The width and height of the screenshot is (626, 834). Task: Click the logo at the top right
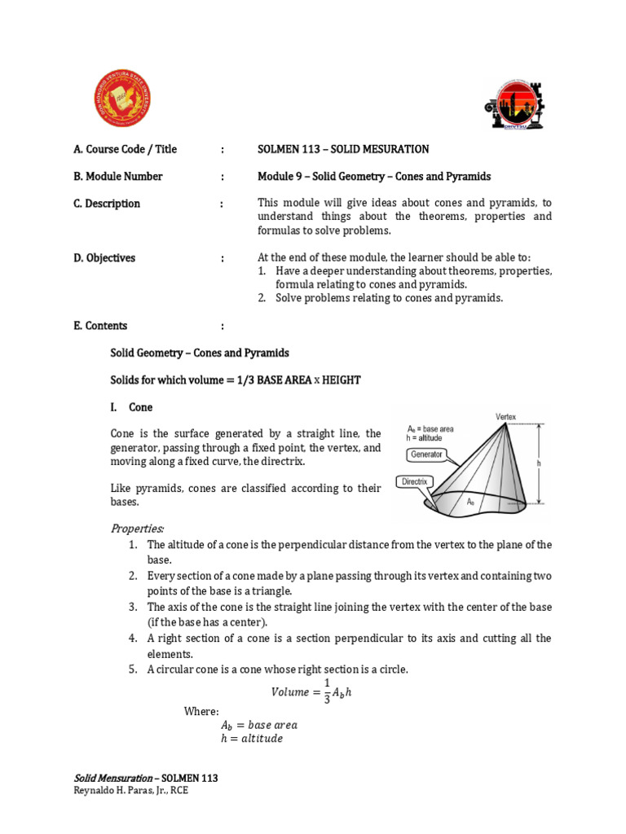516,104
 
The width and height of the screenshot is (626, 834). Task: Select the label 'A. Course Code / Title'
125,149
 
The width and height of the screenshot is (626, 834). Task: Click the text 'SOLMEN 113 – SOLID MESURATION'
343,149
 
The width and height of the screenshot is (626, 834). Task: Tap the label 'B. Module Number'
118,176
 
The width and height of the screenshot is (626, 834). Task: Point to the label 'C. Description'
107,204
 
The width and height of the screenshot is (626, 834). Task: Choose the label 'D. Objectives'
104,258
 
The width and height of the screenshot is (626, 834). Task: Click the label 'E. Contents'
100,326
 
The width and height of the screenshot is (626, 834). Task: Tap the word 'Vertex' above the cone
505,417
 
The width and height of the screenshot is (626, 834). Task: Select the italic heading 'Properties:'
137,529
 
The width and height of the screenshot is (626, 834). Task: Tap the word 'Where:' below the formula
201,711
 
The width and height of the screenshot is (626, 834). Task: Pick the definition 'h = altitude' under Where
252,739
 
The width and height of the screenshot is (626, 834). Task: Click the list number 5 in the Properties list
132,669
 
